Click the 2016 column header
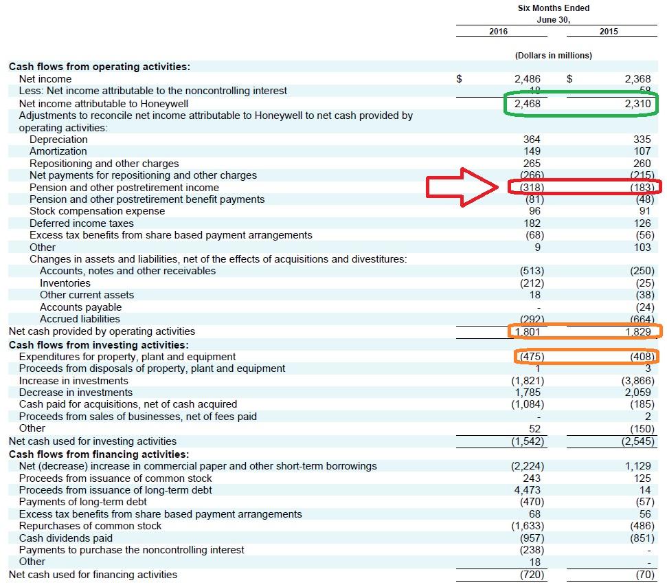click(498, 32)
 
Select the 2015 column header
click(608, 32)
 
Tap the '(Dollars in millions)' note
click(553, 55)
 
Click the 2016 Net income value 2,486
click(528, 79)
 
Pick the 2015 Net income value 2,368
click(637, 79)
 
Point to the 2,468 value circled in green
click(528, 104)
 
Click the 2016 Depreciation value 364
click(532, 140)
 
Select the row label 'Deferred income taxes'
click(82, 223)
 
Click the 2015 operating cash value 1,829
click(637, 332)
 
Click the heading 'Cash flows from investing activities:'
click(98, 345)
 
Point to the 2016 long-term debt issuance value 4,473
click(528, 490)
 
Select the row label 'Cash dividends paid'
click(66, 538)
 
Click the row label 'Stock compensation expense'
click(97, 211)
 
